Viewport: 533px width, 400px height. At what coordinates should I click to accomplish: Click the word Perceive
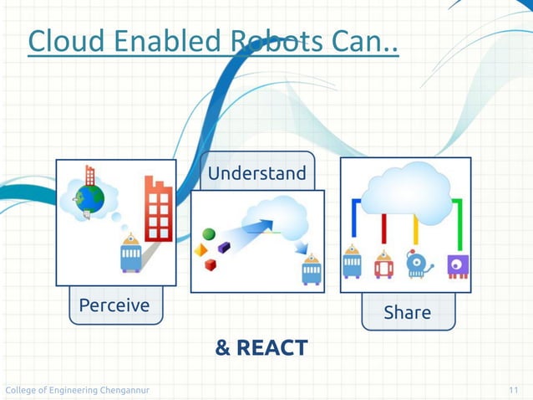[x=114, y=306]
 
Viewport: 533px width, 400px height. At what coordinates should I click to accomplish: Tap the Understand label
[x=256, y=174]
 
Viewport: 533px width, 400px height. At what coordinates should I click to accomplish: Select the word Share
[x=407, y=313]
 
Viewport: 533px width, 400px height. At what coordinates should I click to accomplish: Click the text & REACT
[x=261, y=348]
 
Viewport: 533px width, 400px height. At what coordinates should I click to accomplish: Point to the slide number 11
[x=513, y=391]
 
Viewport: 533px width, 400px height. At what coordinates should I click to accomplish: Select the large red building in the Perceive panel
[x=158, y=208]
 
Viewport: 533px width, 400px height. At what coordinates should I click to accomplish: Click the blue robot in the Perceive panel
[x=130, y=254]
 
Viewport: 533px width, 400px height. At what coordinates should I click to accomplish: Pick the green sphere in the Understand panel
[x=209, y=234]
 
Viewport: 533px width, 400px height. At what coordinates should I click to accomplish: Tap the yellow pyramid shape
[x=201, y=250]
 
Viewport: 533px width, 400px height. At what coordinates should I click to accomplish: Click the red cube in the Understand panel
[x=211, y=265]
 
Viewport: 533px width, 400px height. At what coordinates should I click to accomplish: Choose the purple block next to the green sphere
[x=224, y=247]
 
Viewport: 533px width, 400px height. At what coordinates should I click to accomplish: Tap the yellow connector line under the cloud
[x=415, y=230]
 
